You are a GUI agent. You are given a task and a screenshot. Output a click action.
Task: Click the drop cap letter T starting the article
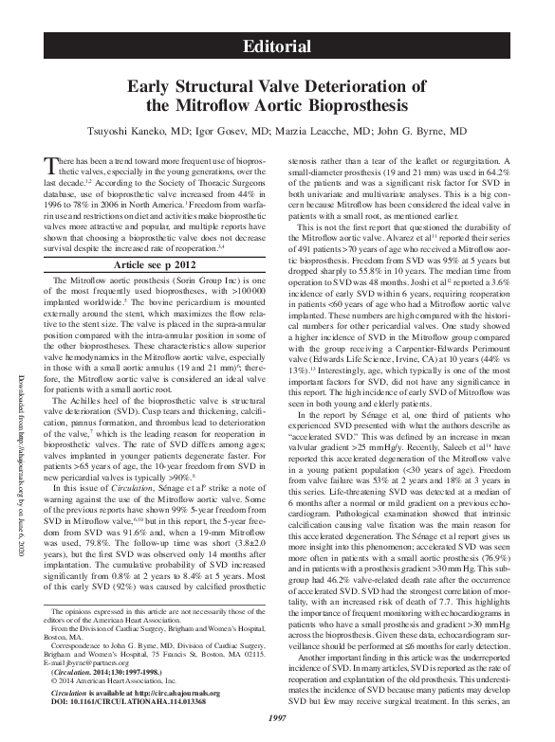52,168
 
